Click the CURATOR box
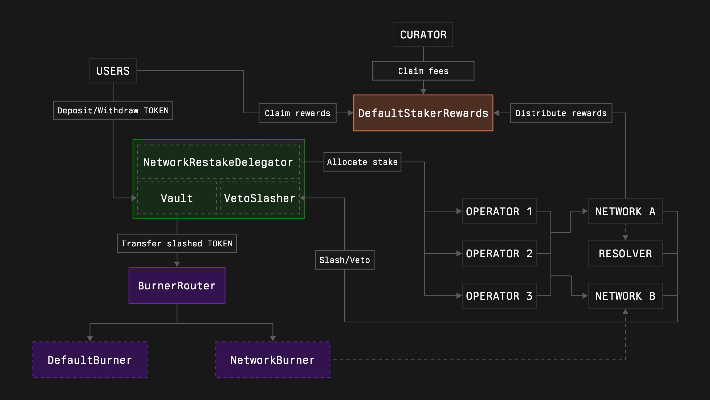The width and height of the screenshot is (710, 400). (423, 34)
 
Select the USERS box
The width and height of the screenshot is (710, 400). (113, 71)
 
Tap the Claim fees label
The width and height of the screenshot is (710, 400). (423, 71)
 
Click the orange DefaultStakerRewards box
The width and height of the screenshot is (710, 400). (423, 113)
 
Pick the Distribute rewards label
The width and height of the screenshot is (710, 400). (561, 113)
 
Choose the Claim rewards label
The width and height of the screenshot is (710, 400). (297, 113)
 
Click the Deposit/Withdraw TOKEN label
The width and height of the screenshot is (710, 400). (113, 110)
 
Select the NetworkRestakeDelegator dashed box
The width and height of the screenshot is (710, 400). (218, 162)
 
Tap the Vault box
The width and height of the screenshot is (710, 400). (177, 198)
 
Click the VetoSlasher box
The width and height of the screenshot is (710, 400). (259, 198)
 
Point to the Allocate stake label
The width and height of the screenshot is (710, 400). (362, 162)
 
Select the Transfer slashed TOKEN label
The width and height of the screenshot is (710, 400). (177, 243)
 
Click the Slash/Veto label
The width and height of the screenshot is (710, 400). (345, 260)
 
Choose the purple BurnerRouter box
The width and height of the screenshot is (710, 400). (177, 285)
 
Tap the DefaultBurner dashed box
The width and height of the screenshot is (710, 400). (90, 360)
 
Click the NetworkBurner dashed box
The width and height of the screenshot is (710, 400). (273, 360)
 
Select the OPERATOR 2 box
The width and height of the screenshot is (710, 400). (499, 253)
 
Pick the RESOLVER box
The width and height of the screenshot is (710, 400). (625, 253)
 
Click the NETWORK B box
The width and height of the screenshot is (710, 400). (625, 296)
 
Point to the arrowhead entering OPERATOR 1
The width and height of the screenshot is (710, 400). (459, 211)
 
